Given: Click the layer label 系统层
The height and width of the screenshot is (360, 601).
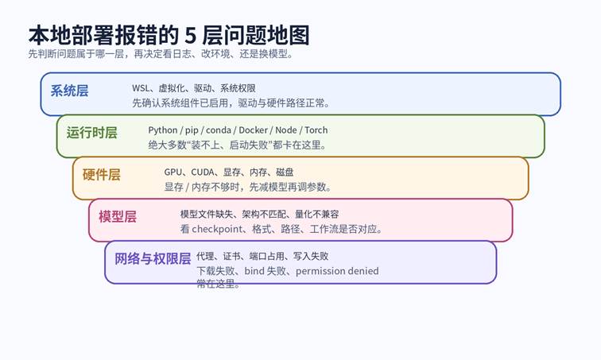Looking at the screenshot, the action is [69, 91].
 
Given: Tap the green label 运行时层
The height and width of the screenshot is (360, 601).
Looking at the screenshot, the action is [92, 133].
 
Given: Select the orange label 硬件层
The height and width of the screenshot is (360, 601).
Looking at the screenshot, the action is [102, 175].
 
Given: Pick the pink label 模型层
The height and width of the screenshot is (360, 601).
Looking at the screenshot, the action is [118, 217].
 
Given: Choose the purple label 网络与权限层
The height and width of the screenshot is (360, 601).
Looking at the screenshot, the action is [153, 259].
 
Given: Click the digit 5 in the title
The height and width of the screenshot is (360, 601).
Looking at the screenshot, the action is [190, 36].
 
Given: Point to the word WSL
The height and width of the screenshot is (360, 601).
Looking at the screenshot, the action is [140, 88].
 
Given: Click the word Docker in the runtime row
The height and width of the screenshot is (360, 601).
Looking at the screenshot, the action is [253, 130].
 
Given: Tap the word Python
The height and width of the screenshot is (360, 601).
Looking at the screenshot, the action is [163, 130].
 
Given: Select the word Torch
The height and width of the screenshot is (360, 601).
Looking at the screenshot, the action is [316, 130].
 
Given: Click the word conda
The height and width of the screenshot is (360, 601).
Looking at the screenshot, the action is [219, 130].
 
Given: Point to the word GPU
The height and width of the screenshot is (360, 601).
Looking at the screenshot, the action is [173, 172].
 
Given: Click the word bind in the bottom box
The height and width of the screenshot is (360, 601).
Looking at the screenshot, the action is [254, 271].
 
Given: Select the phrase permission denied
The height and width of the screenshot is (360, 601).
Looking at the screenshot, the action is [337, 271].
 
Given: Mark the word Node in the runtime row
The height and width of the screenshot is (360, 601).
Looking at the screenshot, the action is [286, 130].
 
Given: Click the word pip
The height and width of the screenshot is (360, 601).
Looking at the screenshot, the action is [192, 130].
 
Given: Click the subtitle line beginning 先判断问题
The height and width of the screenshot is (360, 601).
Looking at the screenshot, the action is [161, 54].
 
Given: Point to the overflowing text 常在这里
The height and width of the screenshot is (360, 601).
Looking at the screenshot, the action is [219, 284].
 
